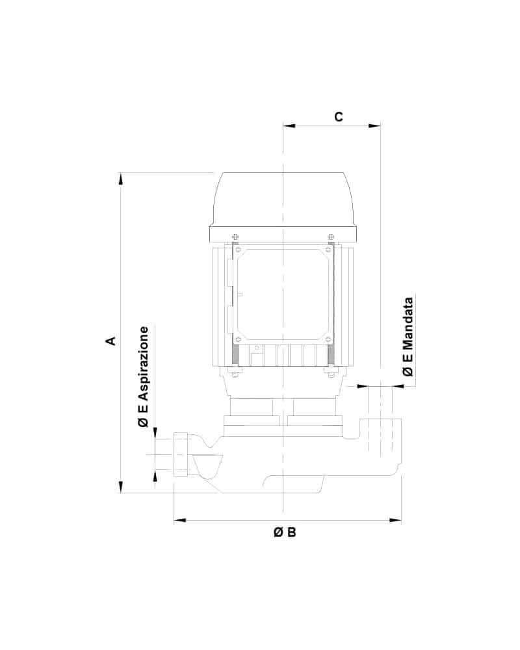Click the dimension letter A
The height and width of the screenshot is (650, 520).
[x=110, y=341]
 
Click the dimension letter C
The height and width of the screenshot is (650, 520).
[x=339, y=117]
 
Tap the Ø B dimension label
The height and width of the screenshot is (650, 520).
[x=285, y=532]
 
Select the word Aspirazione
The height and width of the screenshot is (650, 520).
[x=144, y=364]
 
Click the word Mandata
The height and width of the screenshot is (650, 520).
[x=408, y=323]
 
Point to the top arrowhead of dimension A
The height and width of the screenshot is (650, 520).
[x=121, y=178]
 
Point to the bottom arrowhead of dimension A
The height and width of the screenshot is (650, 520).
[x=121, y=487]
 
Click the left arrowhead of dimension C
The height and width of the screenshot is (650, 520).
[x=289, y=125]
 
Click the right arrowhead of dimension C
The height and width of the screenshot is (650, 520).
[x=374, y=125]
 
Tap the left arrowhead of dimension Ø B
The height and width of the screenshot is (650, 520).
[x=180, y=520]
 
